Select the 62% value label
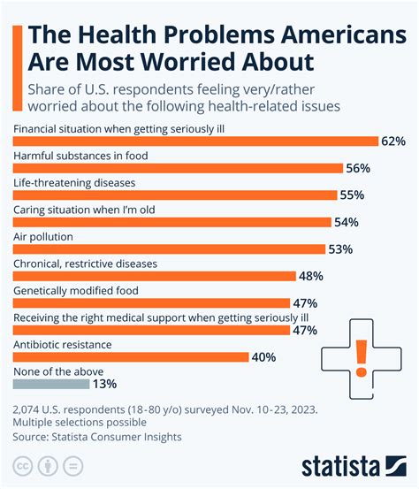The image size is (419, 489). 392,141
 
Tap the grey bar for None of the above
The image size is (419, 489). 51,384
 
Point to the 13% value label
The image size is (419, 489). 104,384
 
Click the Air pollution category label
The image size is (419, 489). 43,237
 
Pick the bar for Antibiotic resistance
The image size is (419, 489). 131,357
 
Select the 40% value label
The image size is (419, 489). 263,357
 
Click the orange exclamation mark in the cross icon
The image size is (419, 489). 361,359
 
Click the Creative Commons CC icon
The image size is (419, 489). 21,464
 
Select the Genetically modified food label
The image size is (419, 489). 75,290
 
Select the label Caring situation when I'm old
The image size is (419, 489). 85,210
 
